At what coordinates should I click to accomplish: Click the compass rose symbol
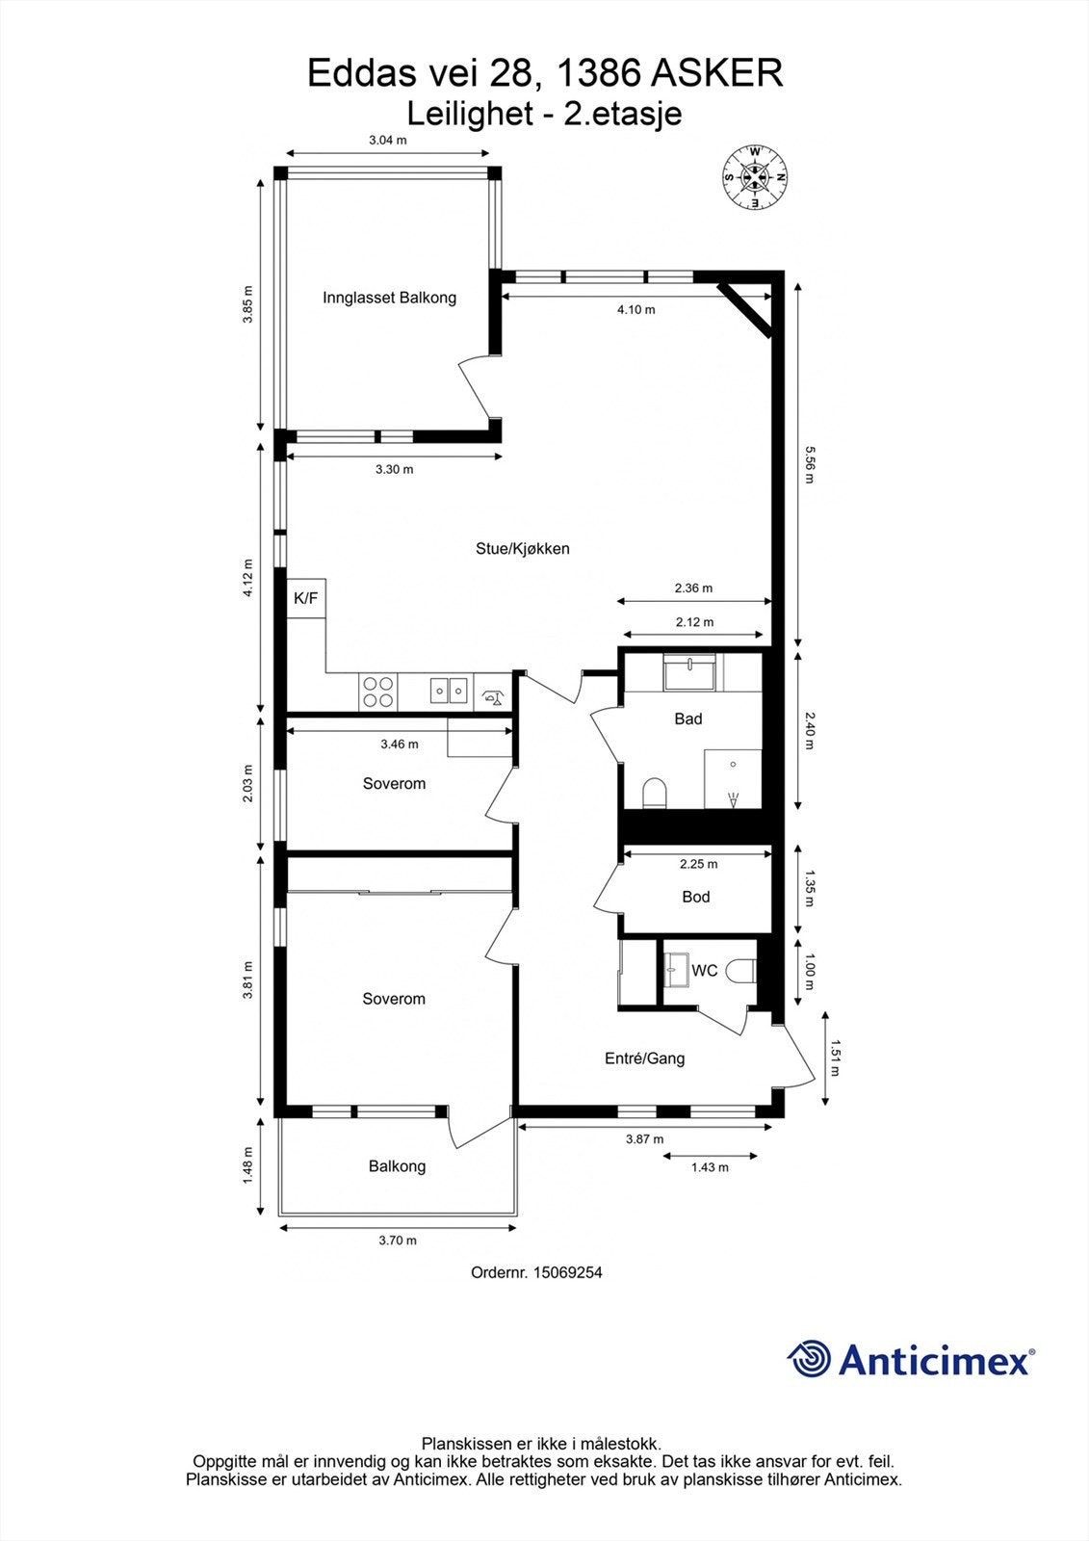[756, 177]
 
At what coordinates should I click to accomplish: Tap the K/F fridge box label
[305, 598]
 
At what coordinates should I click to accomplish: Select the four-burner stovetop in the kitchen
[377, 691]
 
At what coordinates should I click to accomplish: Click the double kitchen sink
[449, 690]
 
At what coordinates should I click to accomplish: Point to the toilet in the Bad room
[655, 793]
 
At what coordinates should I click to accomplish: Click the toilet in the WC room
[741, 970]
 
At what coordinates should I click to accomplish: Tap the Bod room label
[695, 897]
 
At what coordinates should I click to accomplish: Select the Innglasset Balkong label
[389, 298]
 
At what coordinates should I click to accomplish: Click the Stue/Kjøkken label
[523, 549]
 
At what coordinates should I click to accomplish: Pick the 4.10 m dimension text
[635, 310]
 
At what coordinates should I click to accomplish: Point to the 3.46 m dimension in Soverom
[399, 744]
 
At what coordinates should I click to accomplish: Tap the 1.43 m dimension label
[710, 1167]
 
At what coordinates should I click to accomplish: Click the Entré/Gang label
[644, 1058]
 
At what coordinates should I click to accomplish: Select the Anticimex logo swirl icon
[809, 1359]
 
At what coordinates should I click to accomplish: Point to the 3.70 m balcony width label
[398, 1241]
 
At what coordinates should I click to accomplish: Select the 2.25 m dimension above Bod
[698, 864]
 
